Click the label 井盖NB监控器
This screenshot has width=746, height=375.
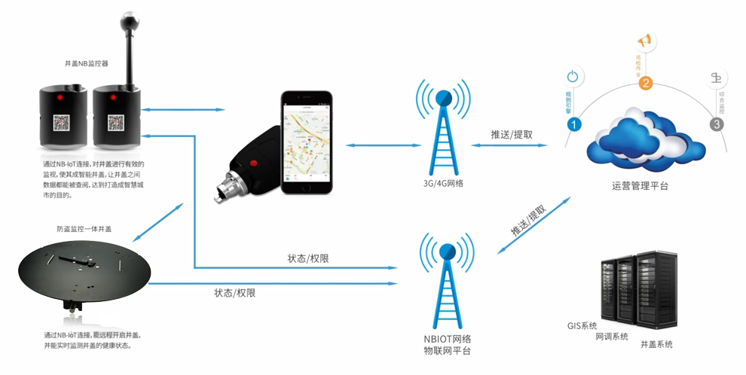point(87,64)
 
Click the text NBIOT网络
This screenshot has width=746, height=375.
point(448,338)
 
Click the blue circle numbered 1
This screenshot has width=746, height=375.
point(573,124)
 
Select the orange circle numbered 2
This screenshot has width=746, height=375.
point(645,84)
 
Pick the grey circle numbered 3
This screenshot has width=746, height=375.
point(717,124)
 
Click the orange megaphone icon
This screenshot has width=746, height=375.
point(645,40)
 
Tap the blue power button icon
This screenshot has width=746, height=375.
point(573,75)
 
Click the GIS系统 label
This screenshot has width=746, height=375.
point(582,326)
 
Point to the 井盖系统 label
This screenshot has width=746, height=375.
point(656,344)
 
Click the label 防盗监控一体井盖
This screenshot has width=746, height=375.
point(84,228)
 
